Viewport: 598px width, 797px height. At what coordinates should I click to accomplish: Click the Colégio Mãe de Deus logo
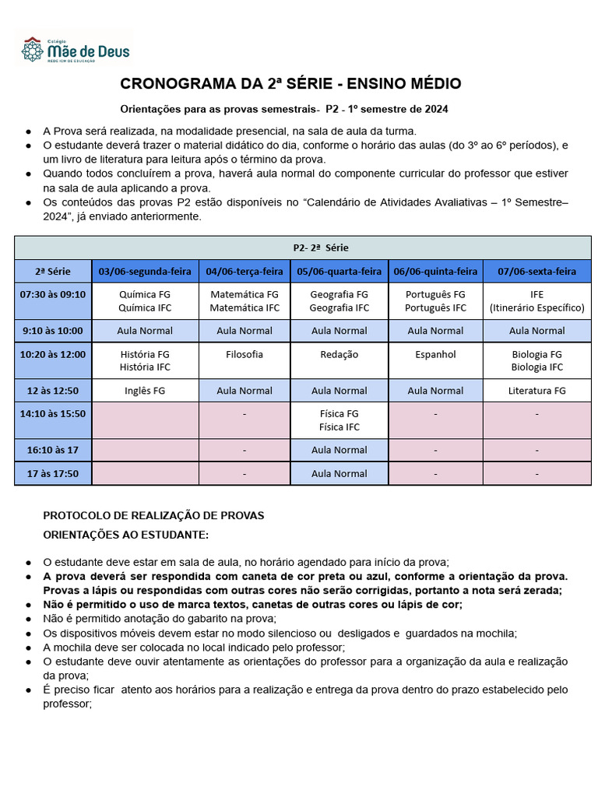tap(76, 49)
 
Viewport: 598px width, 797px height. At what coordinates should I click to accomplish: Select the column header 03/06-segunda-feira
tap(145, 272)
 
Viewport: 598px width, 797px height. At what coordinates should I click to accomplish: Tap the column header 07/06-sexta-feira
tap(536, 272)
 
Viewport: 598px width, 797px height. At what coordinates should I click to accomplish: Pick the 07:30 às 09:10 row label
tap(53, 294)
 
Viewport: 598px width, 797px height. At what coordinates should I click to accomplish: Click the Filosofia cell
tap(244, 354)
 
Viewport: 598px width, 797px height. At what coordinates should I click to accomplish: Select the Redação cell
tap(339, 354)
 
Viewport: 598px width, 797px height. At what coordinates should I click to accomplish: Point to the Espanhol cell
tap(435, 354)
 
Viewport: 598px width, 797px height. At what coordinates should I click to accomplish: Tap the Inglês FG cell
tap(145, 391)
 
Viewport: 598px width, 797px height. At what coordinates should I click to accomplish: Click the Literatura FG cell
tap(536, 391)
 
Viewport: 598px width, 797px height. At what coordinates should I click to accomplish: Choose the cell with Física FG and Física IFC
tap(339, 420)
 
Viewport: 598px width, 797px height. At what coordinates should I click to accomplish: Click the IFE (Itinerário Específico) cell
tap(536, 300)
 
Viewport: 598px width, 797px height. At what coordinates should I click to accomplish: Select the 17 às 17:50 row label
tap(53, 473)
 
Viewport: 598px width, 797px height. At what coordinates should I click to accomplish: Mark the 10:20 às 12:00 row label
tap(53, 354)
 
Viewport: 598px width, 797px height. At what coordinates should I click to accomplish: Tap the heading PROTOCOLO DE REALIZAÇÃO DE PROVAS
tap(153, 515)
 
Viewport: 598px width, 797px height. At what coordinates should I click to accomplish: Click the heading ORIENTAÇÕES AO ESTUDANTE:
tap(125, 535)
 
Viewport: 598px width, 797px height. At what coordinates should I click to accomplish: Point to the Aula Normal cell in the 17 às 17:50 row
tap(339, 473)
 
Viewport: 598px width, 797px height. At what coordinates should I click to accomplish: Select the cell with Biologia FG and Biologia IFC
tap(536, 360)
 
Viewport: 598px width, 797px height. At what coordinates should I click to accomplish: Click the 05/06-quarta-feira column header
tap(339, 272)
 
